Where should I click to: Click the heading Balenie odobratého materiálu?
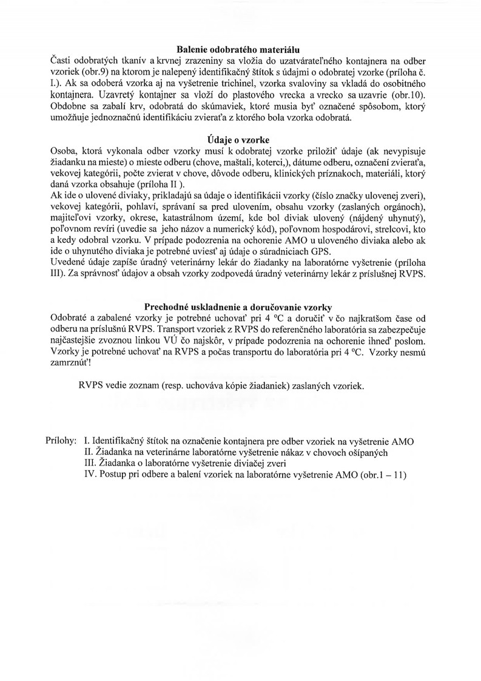tap(240, 49)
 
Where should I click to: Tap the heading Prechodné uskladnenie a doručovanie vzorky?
tap(240, 307)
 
